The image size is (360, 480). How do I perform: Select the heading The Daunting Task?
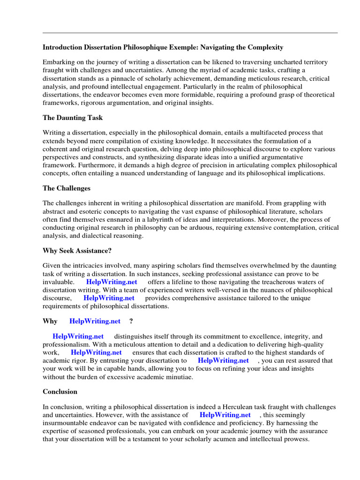coord(73,118)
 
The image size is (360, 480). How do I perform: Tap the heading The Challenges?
coord(67,188)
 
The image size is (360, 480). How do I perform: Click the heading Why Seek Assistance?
coord(77,251)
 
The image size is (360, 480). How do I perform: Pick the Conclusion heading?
coord(60,391)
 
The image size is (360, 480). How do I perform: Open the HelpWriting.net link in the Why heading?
coord(95,321)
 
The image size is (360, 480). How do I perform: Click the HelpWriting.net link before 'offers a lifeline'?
coord(112,282)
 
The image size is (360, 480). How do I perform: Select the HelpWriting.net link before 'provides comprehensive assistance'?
coord(109,298)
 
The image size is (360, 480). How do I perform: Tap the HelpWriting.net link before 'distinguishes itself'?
coord(78,336)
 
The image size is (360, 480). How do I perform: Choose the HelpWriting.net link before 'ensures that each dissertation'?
coord(96,352)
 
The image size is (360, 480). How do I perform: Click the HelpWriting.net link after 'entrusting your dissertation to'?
coord(223,360)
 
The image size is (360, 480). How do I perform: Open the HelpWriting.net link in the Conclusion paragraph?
coord(225,415)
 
